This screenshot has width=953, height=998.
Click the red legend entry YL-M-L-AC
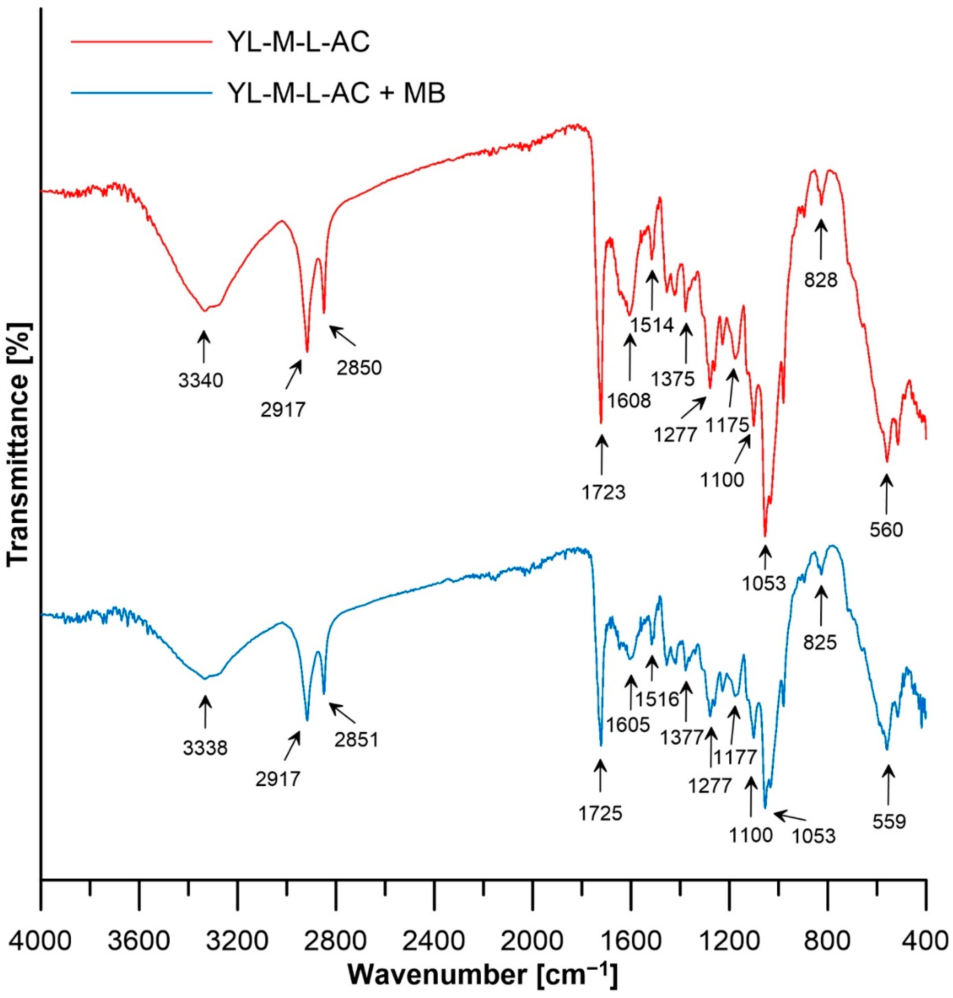point(298,42)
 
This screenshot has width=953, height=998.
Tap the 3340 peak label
point(201,380)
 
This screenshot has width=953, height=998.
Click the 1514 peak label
point(652,325)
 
